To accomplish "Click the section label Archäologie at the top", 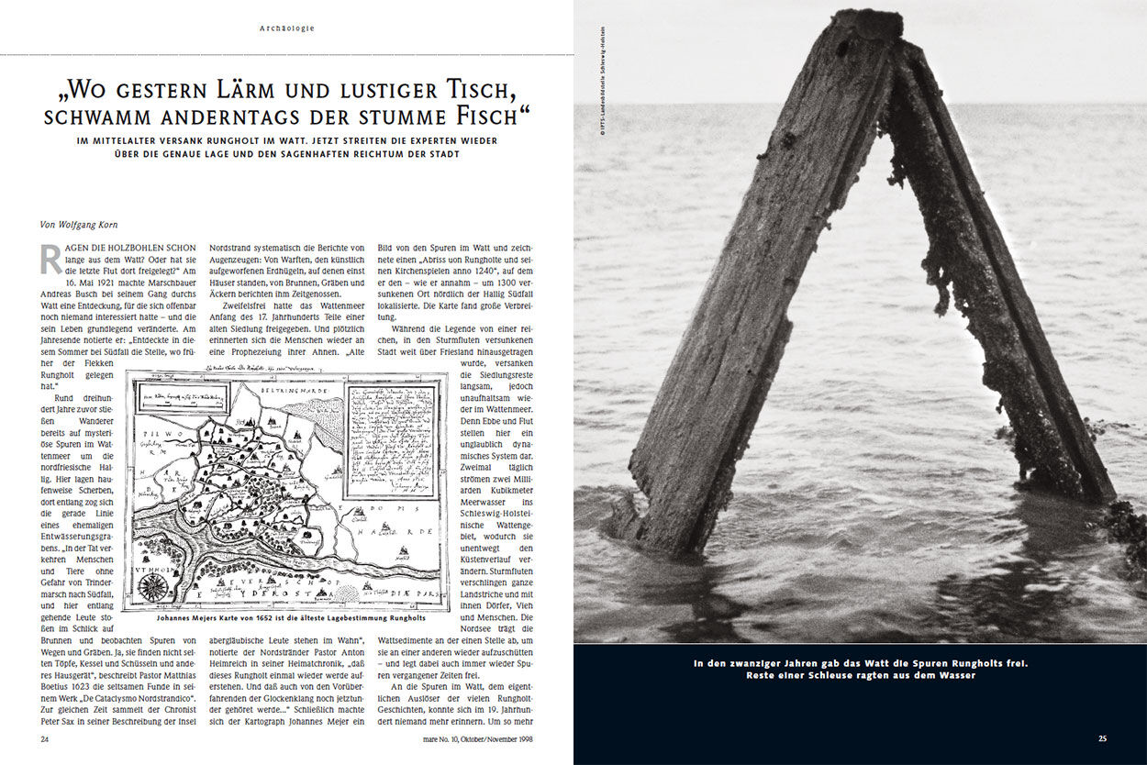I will tap(287, 28).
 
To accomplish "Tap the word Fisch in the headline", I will tap(491, 117).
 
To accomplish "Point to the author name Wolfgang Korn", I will tap(92, 223).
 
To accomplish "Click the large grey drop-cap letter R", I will tap(50, 261).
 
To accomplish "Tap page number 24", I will tap(45, 737).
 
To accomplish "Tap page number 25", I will tap(1102, 737).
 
